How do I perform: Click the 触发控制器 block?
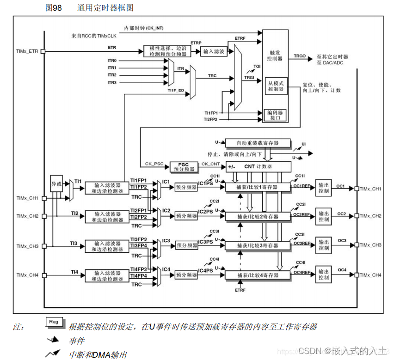pyautogui.click(x=275, y=56)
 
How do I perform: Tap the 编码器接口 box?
pyautogui.click(x=275, y=115)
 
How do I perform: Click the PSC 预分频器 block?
pyautogui.click(x=184, y=167)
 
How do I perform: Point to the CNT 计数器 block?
pyautogui.click(x=258, y=166)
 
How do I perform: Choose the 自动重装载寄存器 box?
pyautogui.click(x=258, y=143)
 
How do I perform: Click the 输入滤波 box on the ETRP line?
pyautogui.click(x=213, y=51)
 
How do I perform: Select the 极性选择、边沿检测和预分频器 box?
pyautogui.click(x=167, y=51)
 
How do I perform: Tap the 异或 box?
pyautogui.click(x=56, y=183)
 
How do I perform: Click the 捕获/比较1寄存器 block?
pyautogui.click(x=258, y=187)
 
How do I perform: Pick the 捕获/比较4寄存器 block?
pyautogui.click(x=258, y=275)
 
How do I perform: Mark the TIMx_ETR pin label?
pyautogui.click(x=27, y=51)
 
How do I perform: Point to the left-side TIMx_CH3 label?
pyautogui.click(x=27, y=246)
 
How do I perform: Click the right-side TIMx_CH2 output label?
pyautogui.click(x=370, y=216)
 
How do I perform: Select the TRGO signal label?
pyautogui.click(x=300, y=56)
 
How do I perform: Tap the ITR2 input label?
pyautogui.click(x=112, y=75)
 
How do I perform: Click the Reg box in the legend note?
pyautogui.click(x=54, y=322)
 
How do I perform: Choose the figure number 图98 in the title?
pyautogui.click(x=54, y=8)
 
